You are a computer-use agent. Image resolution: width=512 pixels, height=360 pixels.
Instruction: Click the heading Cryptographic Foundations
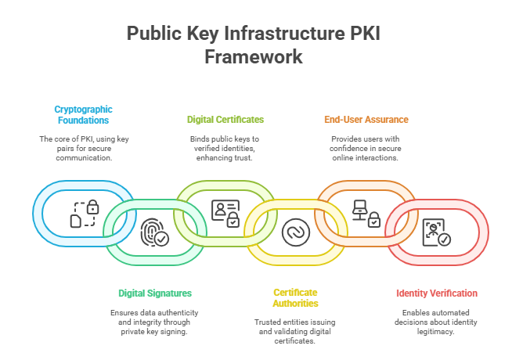click(82, 114)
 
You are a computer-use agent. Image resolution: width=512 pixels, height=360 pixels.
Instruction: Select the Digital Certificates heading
click(225, 120)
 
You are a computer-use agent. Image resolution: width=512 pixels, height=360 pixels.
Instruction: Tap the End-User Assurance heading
click(366, 120)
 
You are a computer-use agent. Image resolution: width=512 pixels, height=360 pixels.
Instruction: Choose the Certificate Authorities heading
click(295, 297)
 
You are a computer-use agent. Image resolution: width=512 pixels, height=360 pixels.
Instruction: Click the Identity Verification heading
click(436, 293)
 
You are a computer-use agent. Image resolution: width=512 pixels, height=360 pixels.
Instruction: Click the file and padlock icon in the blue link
click(85, 213)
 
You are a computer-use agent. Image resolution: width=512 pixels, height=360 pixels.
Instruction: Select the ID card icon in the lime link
click(225, 213)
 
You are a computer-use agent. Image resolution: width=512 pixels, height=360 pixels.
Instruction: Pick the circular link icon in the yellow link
click(295, 232)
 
